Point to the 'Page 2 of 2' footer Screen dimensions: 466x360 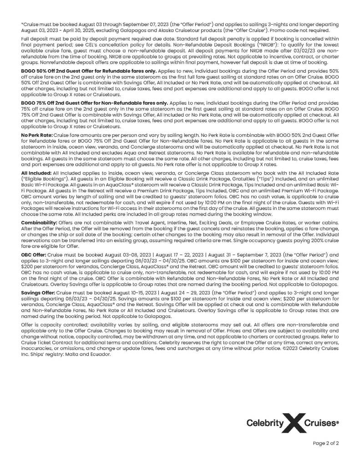tap(325, 443)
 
